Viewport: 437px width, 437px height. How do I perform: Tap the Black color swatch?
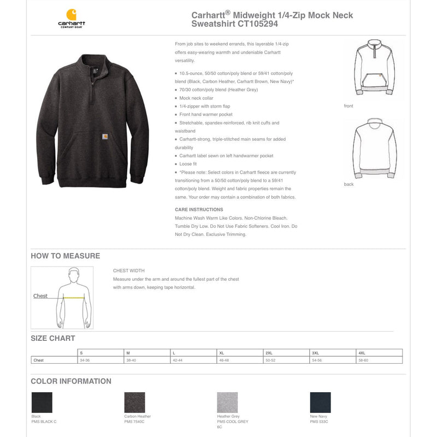tap(42, 403)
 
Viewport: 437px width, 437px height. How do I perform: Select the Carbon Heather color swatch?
tap(134, 403)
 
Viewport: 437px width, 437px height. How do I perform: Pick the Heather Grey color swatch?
tap(227, 403)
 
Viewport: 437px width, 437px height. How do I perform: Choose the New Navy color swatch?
tap(320, 403)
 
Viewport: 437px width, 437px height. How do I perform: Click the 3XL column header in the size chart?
tap(315, 353)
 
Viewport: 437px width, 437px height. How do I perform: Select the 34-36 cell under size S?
tap(85, 361)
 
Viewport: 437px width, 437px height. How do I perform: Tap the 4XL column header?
tap(362, 353)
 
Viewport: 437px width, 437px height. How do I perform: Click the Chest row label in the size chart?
tap(38, 361)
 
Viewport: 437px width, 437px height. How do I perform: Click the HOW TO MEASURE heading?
tap(66, 256)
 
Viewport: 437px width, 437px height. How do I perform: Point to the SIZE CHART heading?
tap(53, 339)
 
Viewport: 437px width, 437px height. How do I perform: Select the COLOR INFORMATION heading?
tap(71, 381)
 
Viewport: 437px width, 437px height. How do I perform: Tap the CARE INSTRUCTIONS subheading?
tap(199, 210)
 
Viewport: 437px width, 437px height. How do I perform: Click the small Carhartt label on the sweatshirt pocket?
tap(103, 137)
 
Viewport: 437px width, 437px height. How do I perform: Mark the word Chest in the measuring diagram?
tap(40, 296)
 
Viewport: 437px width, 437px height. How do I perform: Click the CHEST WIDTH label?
tap(129, 271)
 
